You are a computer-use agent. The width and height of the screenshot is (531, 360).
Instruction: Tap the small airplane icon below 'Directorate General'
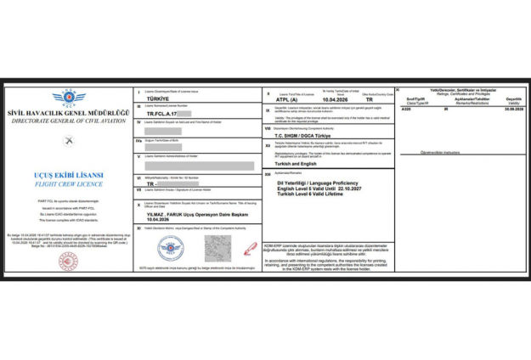(x=68, y=138)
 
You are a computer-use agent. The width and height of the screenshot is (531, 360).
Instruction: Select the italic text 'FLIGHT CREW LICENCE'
(x=69, y=183)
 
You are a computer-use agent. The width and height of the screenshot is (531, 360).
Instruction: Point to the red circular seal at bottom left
(x=68, y=262)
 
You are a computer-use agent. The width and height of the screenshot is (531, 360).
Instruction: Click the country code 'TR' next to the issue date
(x=367, y=98)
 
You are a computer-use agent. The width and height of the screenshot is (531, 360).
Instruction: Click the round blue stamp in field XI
(x=171, y=249)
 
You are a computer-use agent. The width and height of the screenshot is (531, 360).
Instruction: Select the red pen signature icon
(x=249, y=248)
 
